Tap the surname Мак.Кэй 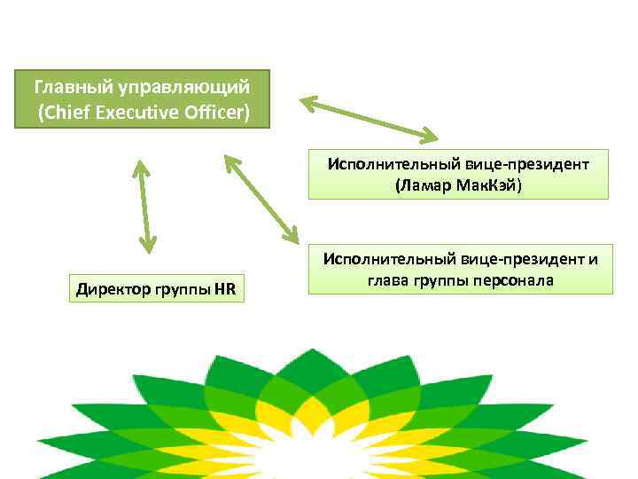point(491,185)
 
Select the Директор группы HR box point(158,289)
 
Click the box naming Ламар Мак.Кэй point(458,174)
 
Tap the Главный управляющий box point(142,99)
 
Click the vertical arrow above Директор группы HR point(143,205)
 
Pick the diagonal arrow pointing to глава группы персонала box point(261,199)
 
